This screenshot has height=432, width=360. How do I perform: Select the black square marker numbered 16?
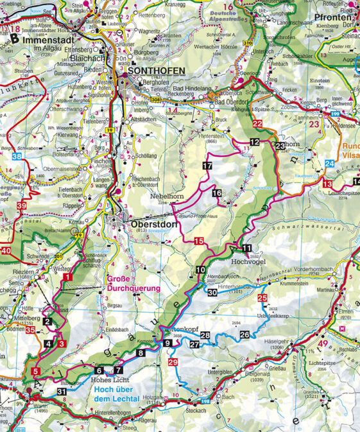point(217,193)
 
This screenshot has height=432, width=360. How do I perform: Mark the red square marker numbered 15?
point(200,241)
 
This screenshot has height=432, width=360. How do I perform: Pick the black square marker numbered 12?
point(255,142)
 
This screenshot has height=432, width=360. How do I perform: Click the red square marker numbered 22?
point(257,123)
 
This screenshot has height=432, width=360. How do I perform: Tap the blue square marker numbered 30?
point(212,292)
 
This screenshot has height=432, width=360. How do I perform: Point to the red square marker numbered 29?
point(172,363)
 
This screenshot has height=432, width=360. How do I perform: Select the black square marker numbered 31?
point(62,392)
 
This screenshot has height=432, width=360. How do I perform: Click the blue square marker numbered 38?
point(16,156)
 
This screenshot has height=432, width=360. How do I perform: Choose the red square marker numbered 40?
point(6,251)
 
